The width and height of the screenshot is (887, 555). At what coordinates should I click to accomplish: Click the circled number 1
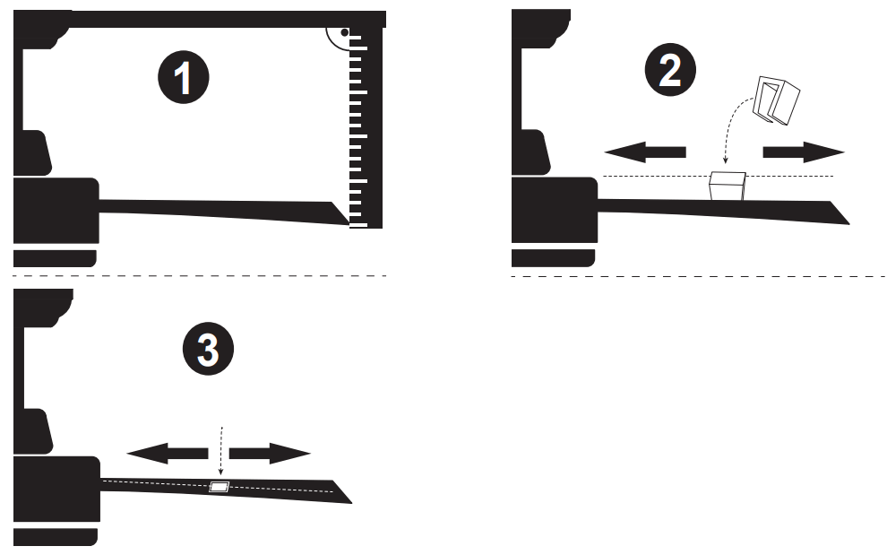tap(183, 78)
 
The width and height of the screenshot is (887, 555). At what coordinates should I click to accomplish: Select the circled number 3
tap(208, 350)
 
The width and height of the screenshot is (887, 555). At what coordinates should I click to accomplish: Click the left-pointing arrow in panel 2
tap(642, 152)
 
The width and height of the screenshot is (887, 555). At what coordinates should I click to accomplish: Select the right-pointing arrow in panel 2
tap(803, 152)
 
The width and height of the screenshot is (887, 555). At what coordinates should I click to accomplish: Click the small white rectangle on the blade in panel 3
tap(220, 487)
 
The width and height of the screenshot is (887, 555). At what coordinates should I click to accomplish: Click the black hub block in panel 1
tap(55, 210)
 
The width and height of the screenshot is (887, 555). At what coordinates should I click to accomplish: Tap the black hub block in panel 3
tap(55, 489)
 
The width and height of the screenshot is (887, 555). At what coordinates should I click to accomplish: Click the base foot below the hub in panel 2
tap(553, 258)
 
